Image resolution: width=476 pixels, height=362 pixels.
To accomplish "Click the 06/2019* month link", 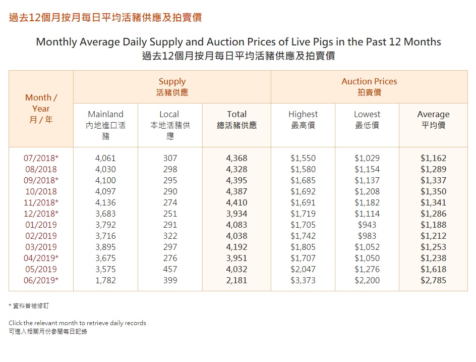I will click(x=41, y=280).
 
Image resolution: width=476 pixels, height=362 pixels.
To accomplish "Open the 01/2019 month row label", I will click(x=41, y=225).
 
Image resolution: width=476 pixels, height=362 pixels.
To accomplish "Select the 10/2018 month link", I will click(x=41, y=191).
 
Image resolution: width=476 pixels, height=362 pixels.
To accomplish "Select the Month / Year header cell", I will click(x=41, y=109).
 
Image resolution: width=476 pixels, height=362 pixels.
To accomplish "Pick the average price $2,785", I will click(x=433, y=280).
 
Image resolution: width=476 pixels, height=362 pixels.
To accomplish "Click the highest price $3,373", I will click(x=303, y=280).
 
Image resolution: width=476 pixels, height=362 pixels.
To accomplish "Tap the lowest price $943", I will click(x=367, y=225).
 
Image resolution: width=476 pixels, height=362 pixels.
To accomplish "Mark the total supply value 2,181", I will click(x=236, y=280).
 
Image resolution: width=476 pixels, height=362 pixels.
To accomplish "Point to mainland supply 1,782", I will click(x=105, y=280).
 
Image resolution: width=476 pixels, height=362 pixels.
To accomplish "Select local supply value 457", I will click(x=170, y=269).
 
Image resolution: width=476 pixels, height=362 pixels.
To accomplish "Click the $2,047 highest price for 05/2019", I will click(x=303, y=269).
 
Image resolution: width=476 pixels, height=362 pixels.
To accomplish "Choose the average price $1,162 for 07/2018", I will click(x=433, y=158).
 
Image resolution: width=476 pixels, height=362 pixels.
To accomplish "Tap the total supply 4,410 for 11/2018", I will click(x=236, y=202).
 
